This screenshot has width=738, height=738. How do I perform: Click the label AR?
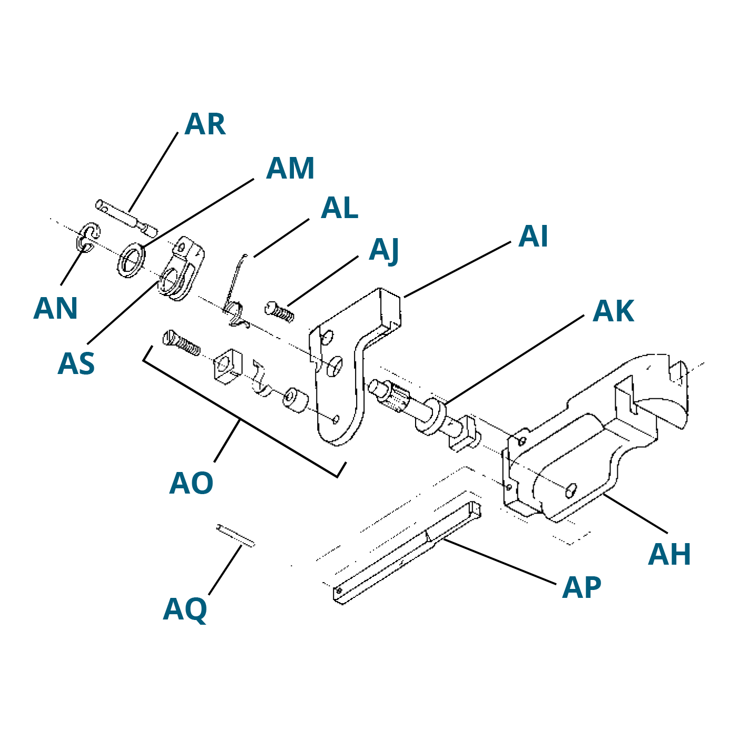click(x=205, y=124)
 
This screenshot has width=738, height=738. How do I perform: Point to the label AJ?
click(x=383, y=251)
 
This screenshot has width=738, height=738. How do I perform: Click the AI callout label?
click(x=533, y=237)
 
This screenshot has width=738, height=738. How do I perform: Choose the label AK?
click(x=613, y=311)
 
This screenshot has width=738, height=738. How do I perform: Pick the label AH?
click(x=670, y=554)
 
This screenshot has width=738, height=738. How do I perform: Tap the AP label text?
click(x=582, y=587)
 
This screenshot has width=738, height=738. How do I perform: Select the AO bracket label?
click(x=191, y=484)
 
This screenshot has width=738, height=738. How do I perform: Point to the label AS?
click(x=76, y=364)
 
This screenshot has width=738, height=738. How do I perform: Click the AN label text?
click(x=55, y=308)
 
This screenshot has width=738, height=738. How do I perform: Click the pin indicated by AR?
click(x=126, y=218)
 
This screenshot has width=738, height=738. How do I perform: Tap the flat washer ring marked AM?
click(x=131, y=260)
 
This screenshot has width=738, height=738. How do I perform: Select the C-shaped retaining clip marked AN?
click(x=88, y=238)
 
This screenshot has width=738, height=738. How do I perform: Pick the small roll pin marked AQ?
click(x=235, y=535)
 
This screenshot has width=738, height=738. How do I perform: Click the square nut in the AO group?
click(x=228, y=367)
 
